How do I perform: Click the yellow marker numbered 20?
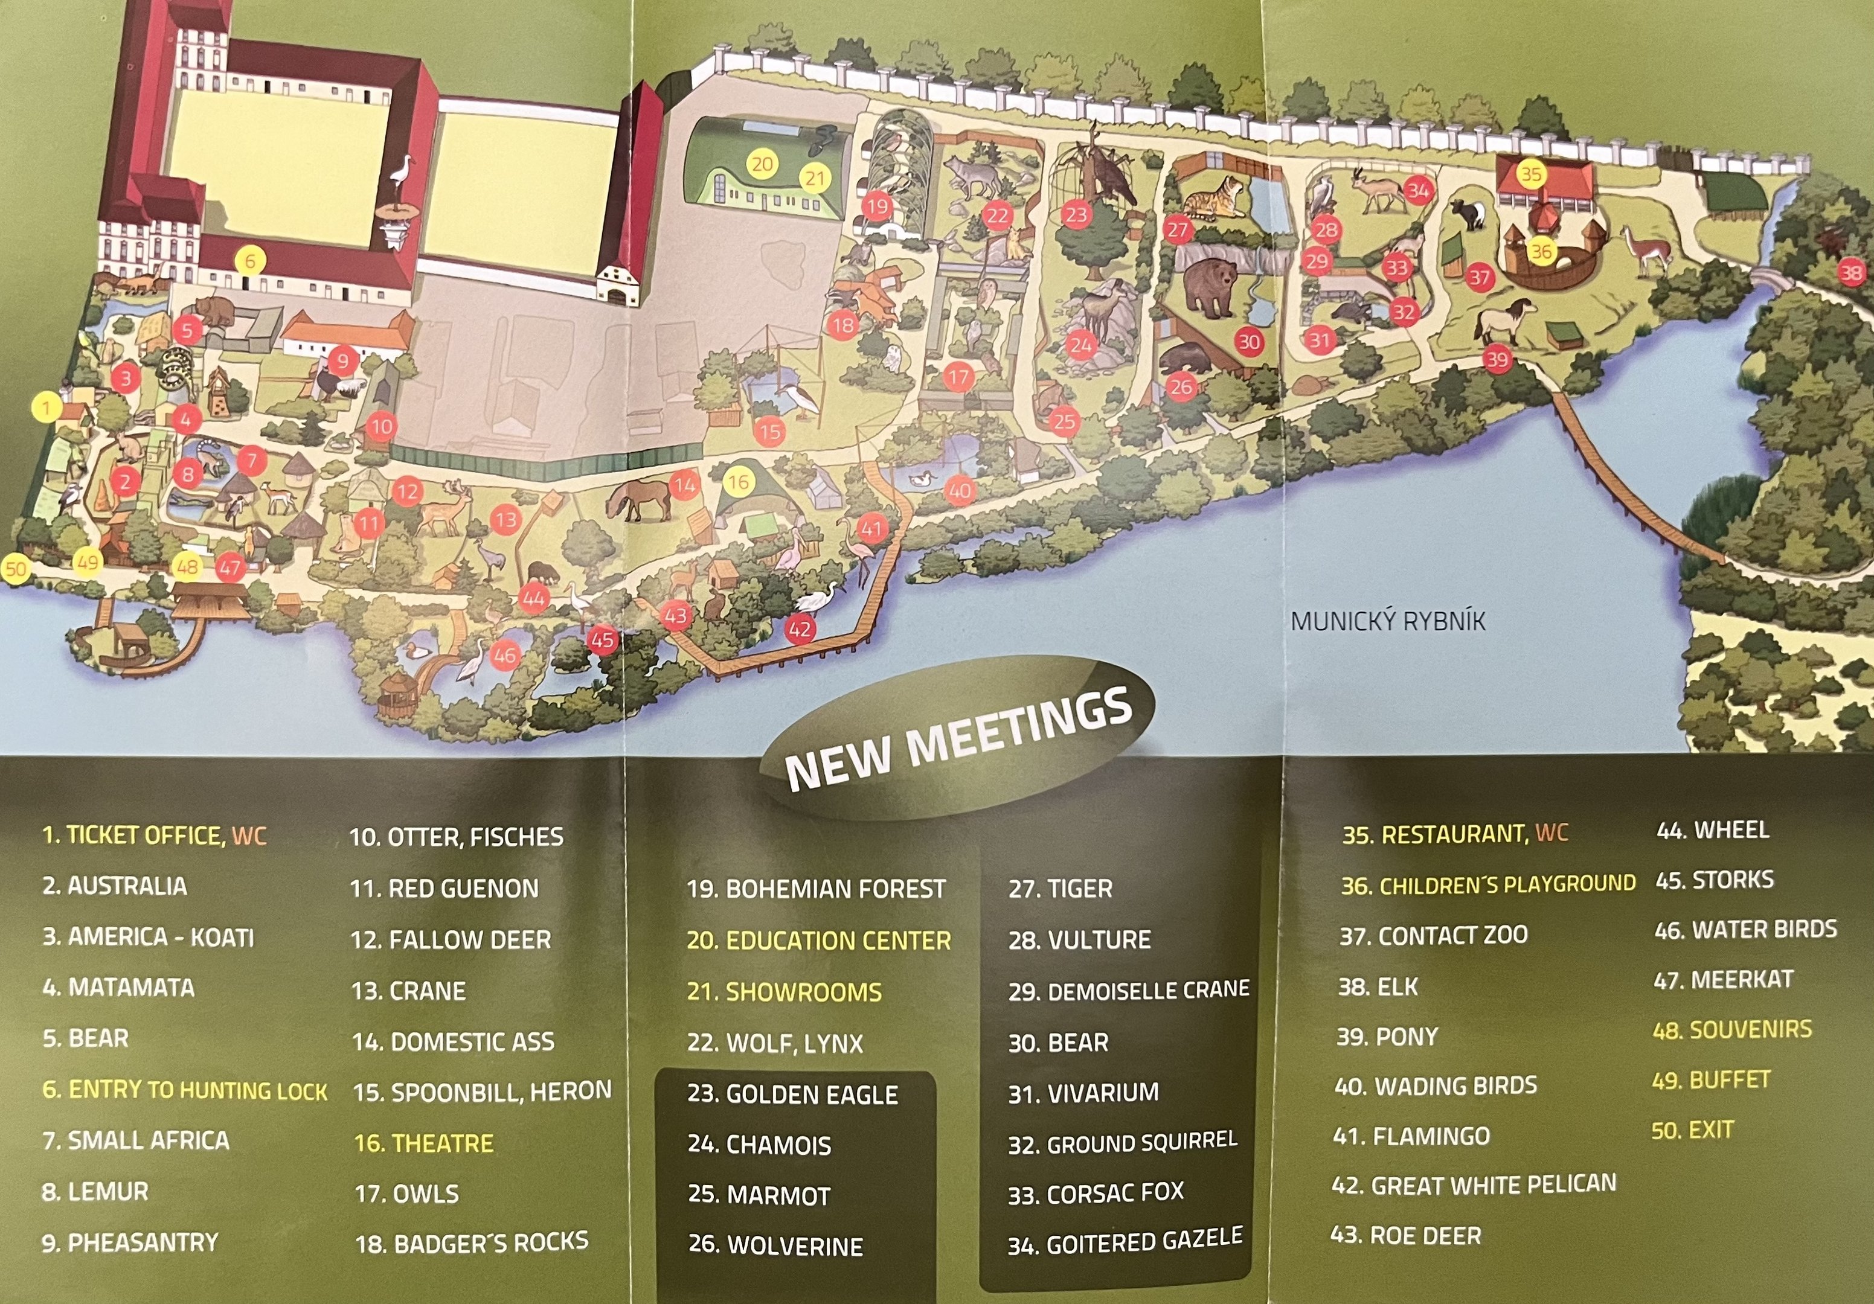[762, 164]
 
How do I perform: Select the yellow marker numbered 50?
[16, 568]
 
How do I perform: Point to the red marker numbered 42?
[799, 629]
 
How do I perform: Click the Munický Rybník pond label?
[1388, 622]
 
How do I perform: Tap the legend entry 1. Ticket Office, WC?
[154, 835]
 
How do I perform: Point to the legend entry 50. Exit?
[1692, 1130]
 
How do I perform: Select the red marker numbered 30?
[1249, 341]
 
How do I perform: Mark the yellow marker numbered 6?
[250, 261]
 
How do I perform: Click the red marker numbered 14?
[684, 485]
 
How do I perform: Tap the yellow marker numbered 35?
[1530, 174]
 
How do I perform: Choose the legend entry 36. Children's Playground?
[1488, 884]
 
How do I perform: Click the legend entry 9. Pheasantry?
[130, 1243]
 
